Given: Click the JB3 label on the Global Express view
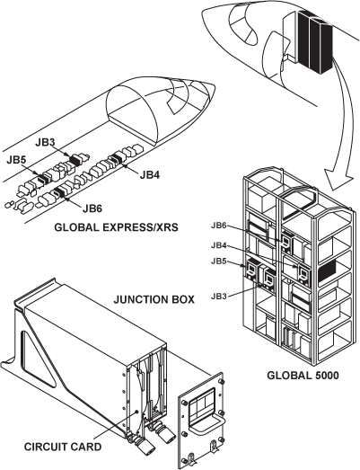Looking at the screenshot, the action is (x=45, y=142).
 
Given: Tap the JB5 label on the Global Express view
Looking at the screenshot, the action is (x=16, y=160).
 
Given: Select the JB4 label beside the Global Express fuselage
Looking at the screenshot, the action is (x=150, y=174).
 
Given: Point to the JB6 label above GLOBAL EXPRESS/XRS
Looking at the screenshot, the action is (x=92, y=208).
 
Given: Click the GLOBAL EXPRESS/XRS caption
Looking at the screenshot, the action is (x=116, y=227).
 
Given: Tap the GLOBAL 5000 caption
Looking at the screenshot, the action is (x=303, y=376).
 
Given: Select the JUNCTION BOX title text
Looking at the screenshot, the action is (x=154, y=299).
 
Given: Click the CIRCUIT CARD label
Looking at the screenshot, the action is (x=63, y=447).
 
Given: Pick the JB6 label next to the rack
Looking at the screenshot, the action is (x=219, y=226).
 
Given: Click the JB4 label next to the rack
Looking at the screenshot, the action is (x=219, y=245).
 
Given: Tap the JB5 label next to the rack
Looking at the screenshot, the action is (x=219, y=262).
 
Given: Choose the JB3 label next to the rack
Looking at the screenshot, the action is (x=219, y=297).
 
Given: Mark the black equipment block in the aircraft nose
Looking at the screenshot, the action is (x=315, y=42).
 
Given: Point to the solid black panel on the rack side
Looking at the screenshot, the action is (x=326, y=272).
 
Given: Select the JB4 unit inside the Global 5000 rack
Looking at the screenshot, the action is (x=303, y=274).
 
